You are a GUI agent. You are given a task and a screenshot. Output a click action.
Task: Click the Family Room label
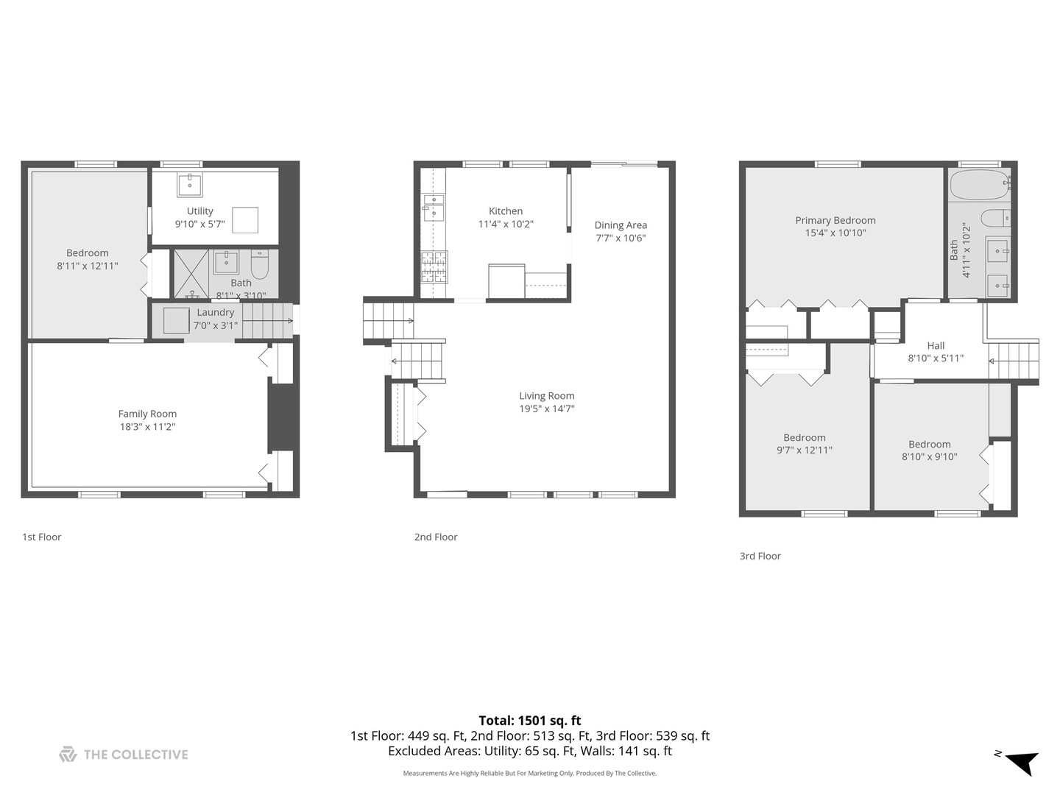(x=147, y=414)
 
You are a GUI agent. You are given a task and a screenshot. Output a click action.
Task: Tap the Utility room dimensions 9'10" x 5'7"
(x=199, y=224)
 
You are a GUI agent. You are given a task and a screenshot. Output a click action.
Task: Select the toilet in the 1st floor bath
(x=260, y=264)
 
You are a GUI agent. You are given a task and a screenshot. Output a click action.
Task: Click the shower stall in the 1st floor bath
(x=191, y=273)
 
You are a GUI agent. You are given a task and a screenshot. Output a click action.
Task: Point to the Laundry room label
(x=215, y=312)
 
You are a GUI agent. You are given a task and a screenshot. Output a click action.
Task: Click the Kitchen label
(x=506, y=211)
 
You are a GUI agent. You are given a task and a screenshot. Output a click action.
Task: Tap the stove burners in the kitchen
(x=434, y=266)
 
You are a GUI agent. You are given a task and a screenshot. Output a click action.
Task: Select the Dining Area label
(x=621, y=225)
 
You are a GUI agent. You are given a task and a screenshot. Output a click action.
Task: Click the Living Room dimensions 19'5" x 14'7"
(x=546, y=409)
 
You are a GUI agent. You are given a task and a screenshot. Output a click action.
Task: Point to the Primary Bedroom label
(x=835, y=220)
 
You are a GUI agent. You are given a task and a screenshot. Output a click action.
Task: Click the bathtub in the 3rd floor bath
(x=979, y=185)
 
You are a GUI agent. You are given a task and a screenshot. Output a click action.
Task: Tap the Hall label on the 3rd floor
(x=936, y=345)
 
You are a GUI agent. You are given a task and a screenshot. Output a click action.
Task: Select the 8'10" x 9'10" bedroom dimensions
(x=930, y=456)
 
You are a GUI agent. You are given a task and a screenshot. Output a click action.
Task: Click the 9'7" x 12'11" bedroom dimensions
(x=804, y=450)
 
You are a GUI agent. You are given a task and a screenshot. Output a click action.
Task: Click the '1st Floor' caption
(x=42, y=537)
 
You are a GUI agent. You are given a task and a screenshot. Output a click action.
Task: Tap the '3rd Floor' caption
(x=760, y=556)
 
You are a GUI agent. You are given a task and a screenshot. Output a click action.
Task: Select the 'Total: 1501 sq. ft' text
(x=529, y=720)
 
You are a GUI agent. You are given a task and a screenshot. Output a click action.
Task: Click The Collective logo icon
(x=68, y=755)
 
